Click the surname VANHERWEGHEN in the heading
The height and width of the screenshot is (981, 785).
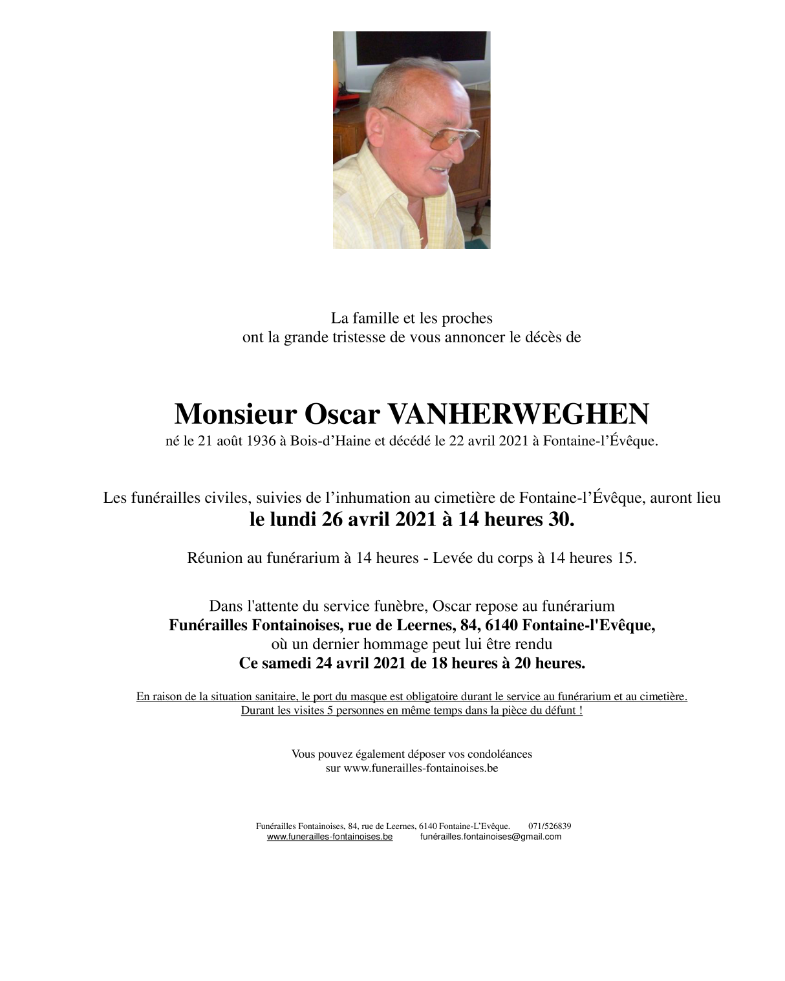(518, 414)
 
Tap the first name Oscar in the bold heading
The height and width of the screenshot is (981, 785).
(341, 414)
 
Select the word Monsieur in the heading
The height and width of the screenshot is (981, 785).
(235, 414)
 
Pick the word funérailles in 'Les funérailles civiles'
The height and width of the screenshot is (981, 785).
(166, 498)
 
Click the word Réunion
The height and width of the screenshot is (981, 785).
(215, 558)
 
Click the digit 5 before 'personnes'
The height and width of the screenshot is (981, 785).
(330, 711)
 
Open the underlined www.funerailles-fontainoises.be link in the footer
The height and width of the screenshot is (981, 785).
(330, 837)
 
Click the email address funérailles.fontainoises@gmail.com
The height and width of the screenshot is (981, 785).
(490, 837)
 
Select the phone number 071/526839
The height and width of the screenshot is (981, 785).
(550, 826)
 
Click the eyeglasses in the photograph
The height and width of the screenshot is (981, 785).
(440, 133)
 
